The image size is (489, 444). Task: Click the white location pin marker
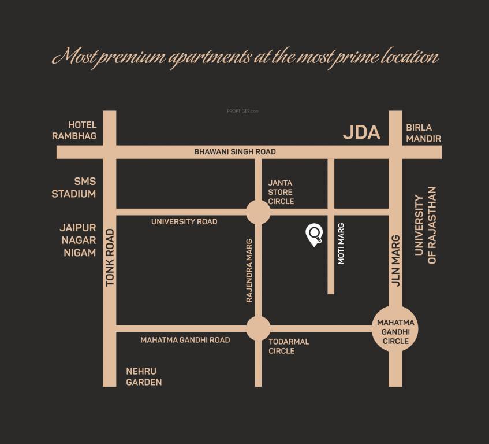314,234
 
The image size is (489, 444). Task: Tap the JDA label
361,132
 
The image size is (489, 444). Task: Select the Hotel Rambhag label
74,131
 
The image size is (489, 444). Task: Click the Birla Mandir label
423,134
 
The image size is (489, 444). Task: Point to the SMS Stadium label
73,188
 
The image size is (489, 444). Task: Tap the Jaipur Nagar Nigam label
78,240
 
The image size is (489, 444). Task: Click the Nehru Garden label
144,377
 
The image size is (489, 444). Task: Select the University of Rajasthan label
425,225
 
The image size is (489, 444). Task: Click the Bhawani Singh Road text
234,152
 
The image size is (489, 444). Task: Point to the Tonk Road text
110,257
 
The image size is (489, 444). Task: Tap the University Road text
184,221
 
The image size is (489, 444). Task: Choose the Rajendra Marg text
249,271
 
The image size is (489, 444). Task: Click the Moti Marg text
341,243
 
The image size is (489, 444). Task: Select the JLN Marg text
395,261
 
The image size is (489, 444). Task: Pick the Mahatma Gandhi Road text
185,340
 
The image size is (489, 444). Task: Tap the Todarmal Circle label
289,346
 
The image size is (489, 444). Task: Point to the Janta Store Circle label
281,192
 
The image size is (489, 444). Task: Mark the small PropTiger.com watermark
242,111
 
